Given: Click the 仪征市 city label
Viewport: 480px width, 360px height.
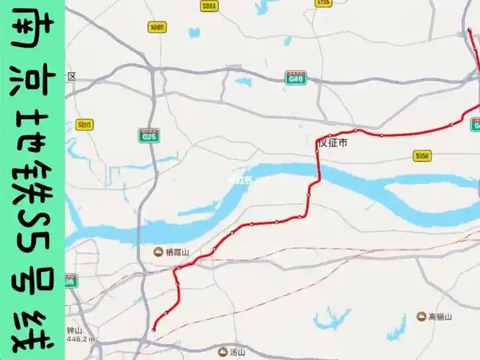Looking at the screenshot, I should coord(334,144).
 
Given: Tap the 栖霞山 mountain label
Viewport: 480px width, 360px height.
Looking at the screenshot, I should coord(176,253).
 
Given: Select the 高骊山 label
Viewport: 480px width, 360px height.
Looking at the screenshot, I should coord(439,317).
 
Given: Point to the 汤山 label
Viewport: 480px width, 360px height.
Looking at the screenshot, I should coord(237,353).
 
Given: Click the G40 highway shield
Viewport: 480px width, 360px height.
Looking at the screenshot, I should coord(295,78).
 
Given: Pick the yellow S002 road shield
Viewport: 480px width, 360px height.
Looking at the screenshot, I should coord(156,27).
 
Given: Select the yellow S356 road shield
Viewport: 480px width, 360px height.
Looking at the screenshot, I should coord(422,156).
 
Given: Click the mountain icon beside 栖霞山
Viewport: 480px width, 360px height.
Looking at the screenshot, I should coord(158,253).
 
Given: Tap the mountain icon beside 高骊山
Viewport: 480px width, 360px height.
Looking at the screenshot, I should coord(421,317).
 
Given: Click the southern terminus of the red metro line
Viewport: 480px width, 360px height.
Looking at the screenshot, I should coord(153,330).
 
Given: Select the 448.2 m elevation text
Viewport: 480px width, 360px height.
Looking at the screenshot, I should coord(81,338).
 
